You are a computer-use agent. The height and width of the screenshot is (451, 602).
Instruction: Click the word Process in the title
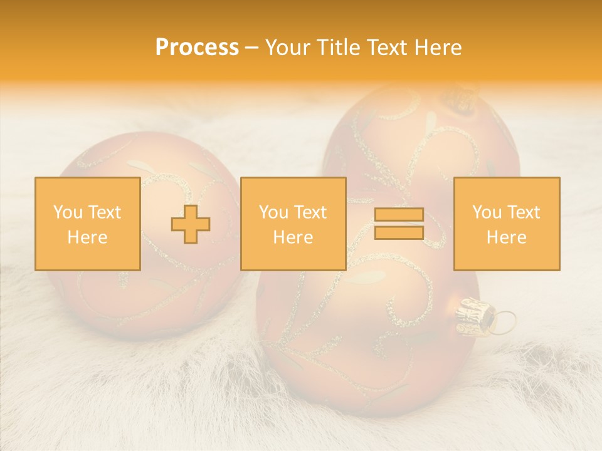pyautogui.click(x=197, y=48)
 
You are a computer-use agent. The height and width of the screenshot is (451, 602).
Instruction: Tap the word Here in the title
pyautogui.click(x=436, y=48)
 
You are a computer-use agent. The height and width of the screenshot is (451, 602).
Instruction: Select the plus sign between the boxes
pyautogui.click(x=191, y=224)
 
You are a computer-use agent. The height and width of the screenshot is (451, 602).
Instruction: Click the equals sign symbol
pyautogui.click(x=399, y=224)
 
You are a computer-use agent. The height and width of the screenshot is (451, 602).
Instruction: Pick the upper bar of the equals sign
pyautogui.click(x=399, y=215)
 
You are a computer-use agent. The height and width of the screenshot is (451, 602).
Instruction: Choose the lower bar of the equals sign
pyautogui.click(x=399, y=232)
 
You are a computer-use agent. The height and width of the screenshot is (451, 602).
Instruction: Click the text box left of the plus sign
pyautogui.click(x=87, y=224)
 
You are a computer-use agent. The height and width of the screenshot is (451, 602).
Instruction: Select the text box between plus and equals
pyautogui.click(x=293, y=224)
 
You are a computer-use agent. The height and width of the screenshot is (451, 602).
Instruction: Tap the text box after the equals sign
pyautogui.click(x=506, y=224)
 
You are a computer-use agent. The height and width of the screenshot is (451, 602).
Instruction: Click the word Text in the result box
pyautogui.click(x=524, y=213)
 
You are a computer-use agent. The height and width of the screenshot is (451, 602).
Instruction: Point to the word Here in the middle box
pyautogui.click(x=293, y=237)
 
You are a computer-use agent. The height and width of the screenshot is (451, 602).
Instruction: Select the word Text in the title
pyautogui.click(x=384, y=48)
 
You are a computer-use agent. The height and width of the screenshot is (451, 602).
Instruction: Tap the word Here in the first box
pyautogui.click(x=87, y=237)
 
